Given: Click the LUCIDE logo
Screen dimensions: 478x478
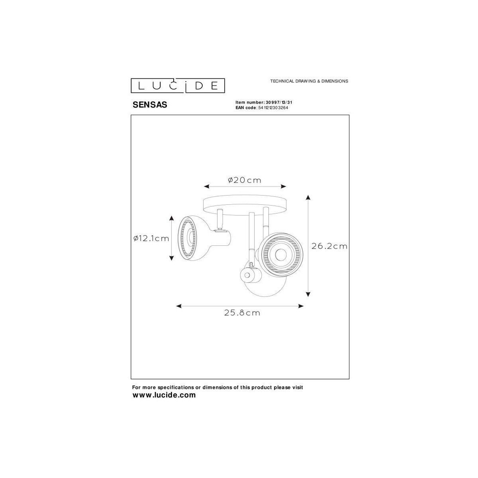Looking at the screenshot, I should coord(178,85).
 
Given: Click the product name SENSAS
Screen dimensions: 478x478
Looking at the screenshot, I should coord(149,105).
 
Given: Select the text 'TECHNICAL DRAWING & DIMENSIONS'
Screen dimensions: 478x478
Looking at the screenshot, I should coord(309,81).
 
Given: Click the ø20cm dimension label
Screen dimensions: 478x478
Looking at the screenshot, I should coord(245,180).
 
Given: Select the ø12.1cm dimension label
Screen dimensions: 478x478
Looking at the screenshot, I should coord(151,238).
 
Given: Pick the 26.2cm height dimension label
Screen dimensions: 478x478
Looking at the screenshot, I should coord(329,246).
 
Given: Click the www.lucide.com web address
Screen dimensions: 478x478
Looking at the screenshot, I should coord(164,395).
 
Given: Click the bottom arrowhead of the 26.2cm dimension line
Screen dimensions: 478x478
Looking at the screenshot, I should coord(308,294).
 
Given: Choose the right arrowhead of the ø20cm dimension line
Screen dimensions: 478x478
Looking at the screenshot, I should coord(284,186).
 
